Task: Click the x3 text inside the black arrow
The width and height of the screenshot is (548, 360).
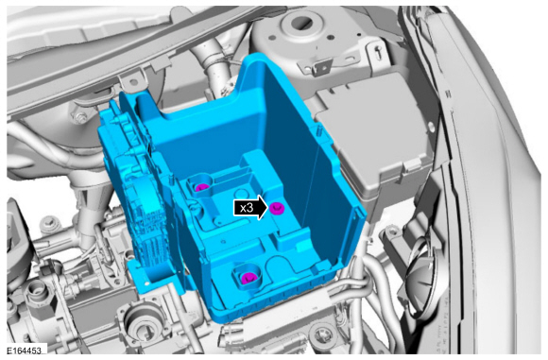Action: pyautogui.click(x=247, y=208)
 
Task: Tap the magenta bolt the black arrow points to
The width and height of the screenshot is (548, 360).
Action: pyautogui.click(x=277, y=208)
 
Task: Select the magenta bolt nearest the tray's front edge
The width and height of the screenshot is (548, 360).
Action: pyautogui.click(x=248, y=278)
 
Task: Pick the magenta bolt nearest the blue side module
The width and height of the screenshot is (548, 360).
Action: pyautogui.click(x=201, y=188)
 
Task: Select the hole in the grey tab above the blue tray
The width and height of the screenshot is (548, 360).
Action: pyautogui.click(x=133, y=82)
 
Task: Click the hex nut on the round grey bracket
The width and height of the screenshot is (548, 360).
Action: pyautogui.click(x=80, y=117)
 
